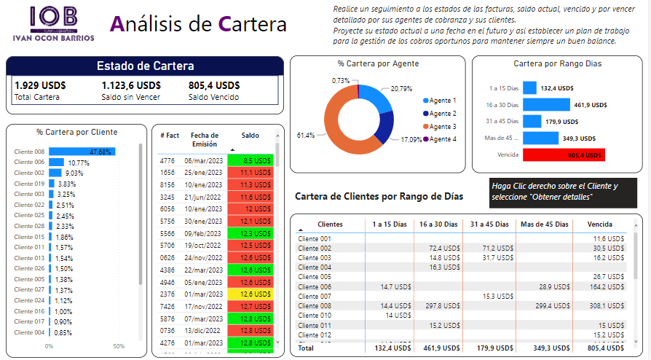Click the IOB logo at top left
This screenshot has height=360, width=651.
(x=53, y=23)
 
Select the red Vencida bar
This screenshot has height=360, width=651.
(x=563, y=154)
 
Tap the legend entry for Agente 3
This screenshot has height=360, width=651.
(x=442, y=127)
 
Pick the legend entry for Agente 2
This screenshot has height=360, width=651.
(x=442, y=114)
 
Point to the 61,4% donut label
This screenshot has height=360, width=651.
(x=306, y=135)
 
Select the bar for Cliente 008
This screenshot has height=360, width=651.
(x=92, y=152)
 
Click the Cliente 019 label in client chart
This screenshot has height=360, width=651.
(x=29, y=184)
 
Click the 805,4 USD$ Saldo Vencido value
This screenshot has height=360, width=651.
(x=214, y=85)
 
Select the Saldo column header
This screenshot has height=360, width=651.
(x=250, y=136)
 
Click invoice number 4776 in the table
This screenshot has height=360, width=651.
(x=167, y=160)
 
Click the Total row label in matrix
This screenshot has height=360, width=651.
(x=307, y=349)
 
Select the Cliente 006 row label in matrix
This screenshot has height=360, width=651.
(x=315, y=286)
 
